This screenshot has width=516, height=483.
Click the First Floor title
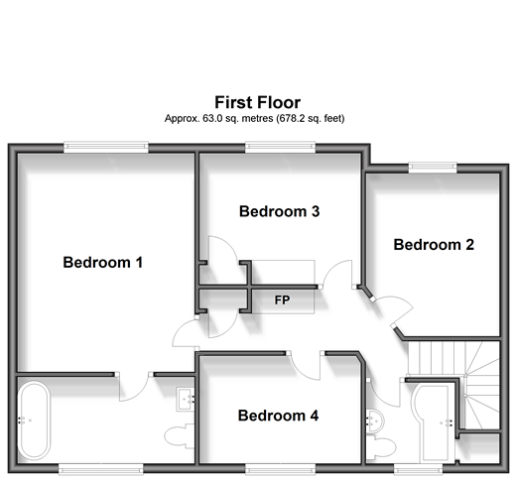258,102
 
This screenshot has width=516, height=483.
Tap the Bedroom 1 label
103,263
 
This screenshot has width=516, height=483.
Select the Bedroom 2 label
434,245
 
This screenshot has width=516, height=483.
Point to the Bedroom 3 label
280,211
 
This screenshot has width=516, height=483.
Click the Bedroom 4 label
278,416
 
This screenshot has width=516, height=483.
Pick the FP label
282,300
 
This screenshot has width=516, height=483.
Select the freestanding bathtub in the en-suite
34,421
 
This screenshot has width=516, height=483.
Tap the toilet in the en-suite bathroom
179,436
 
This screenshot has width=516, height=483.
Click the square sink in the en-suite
186,399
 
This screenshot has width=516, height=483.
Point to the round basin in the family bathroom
375,421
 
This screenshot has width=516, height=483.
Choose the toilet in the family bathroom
381,447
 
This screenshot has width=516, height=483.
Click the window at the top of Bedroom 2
433,168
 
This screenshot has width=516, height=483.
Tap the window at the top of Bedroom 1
106,147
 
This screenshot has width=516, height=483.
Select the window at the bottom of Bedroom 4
280,469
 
